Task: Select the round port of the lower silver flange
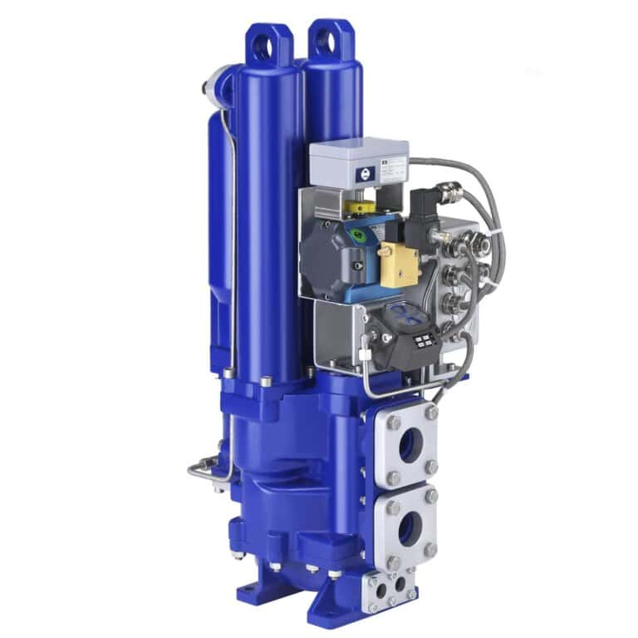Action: [x=408, y=527]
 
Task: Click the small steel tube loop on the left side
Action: [x=204, y=471]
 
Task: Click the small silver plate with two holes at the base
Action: [x=391, y=587]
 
